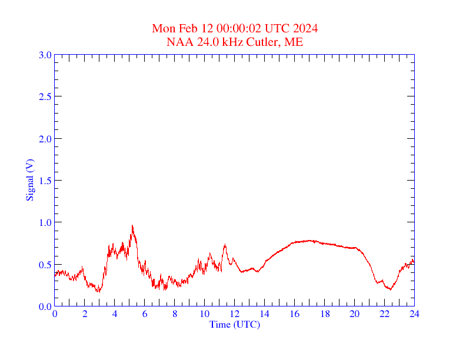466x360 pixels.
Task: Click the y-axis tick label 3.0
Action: pos(45,55)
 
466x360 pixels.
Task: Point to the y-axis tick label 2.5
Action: pos(45,96)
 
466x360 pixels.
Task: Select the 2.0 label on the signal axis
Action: pos(45,139)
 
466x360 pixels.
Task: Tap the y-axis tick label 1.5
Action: pos(45,181)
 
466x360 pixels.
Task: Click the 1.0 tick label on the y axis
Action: pos(45,222)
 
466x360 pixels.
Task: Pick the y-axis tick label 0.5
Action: pos(45,265)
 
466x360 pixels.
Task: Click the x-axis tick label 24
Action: pos(414,314)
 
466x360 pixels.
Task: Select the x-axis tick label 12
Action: pos(234,314)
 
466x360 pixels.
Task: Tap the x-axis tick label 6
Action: pos(145,314)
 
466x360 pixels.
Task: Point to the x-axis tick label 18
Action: pos(324,314)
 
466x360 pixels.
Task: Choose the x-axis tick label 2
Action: pos(85,314)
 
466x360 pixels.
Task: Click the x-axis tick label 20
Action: pos(354,314)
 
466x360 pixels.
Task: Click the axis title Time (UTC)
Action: pos(234,324)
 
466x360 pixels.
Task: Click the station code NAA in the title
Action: pos(178,42)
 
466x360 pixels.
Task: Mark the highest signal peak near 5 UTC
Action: pos(132,225)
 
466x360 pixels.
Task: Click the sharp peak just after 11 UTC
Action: pos(225,245)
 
